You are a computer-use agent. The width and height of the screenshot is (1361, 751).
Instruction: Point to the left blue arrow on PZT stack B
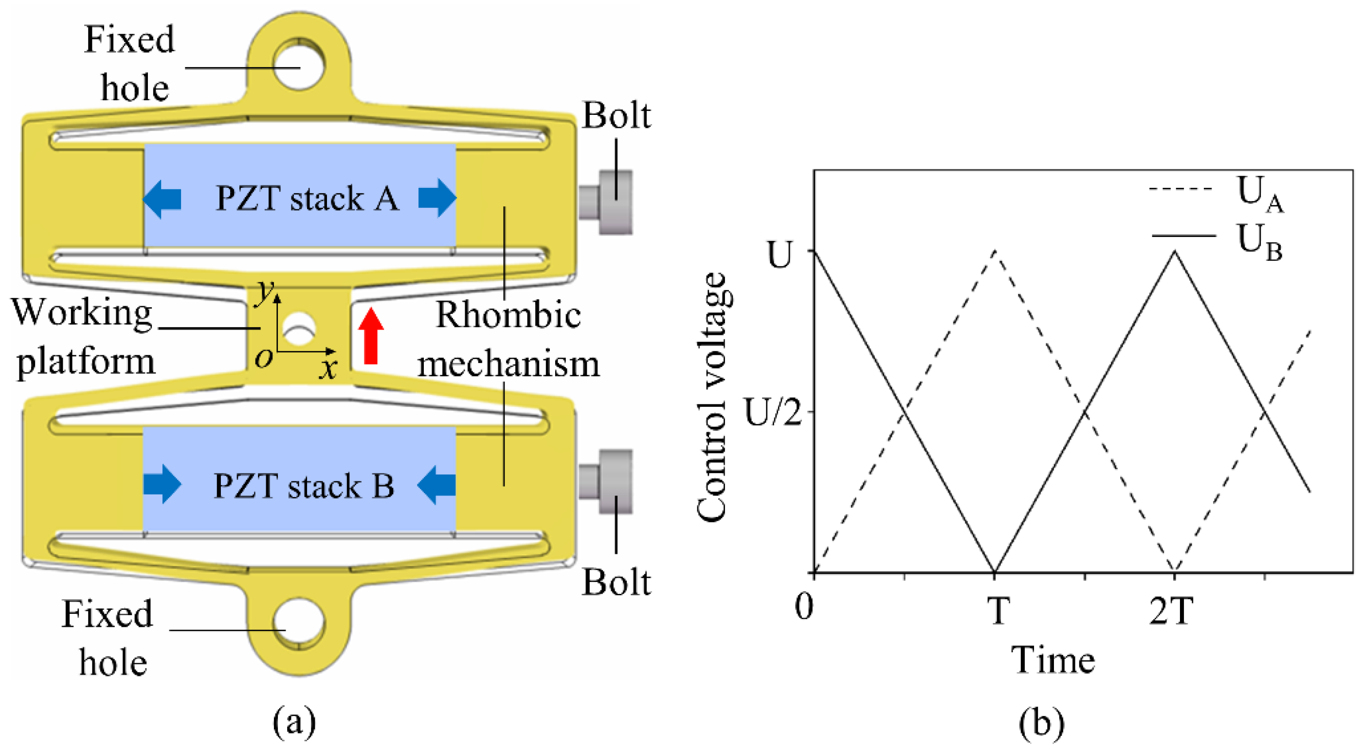coord(162,484)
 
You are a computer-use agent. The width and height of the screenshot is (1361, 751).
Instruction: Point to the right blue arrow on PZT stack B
coord(436,485)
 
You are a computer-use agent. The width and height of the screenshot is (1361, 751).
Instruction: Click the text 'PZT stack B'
coord(304,486)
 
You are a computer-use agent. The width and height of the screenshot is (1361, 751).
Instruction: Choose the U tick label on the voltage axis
coord(780,255)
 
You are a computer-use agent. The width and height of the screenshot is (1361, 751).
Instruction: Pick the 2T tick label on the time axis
coord(1171,611)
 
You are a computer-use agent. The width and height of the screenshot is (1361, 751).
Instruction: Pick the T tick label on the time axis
coord(998,611)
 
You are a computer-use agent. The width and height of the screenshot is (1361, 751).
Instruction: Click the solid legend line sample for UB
coord(1183,236)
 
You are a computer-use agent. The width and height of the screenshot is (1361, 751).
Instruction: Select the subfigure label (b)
coord(1041,722)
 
